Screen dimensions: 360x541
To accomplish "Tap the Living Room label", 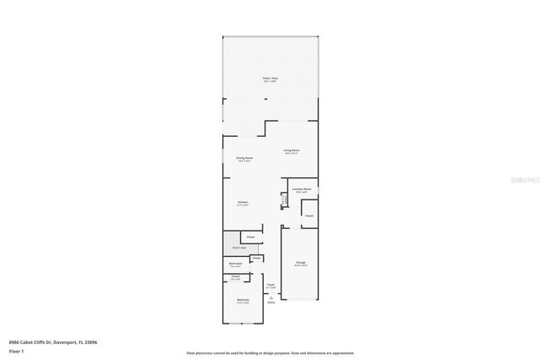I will coord(292,150).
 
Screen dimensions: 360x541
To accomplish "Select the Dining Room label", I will coord(244,158).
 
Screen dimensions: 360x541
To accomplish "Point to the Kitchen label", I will coord(242,203).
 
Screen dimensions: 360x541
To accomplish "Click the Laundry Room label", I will coord(302,189).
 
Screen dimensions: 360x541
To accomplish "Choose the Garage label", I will coord(300,263).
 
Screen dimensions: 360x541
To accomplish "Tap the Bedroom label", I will coord(243,300).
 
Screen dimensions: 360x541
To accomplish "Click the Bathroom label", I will coord(236,264).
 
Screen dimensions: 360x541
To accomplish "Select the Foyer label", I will coord(270,284).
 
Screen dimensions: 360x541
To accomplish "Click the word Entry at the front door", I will coord(271,302).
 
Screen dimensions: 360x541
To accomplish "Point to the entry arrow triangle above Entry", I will coord(271,297).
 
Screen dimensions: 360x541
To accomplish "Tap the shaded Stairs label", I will coord(239,248).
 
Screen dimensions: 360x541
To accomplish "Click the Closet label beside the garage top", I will coord(309,215).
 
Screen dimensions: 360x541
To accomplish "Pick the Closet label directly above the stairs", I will coord(251,237).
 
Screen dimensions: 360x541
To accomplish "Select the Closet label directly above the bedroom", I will coord(236,276).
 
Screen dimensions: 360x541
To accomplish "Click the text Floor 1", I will coord(16,349).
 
